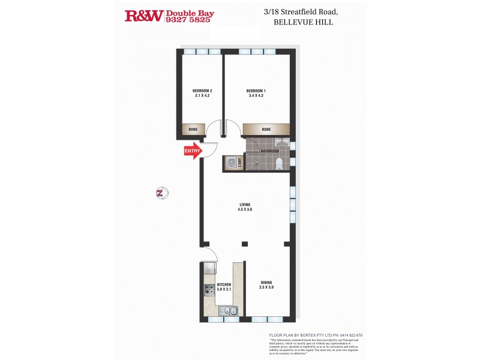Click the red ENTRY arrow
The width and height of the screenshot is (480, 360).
coord(192,152)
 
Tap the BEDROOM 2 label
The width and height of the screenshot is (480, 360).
coord(203,91)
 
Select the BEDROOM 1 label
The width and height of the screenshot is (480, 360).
coord(256,91)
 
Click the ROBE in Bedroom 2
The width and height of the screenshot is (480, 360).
coord(194,130)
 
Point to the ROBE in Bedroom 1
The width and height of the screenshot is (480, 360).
coord(266,130)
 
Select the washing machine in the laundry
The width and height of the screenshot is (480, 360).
coord(231,162)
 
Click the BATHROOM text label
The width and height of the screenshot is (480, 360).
coord(269,151)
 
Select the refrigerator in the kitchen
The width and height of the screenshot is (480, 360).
coord(208,268)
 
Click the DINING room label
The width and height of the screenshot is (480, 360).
coord(267,283)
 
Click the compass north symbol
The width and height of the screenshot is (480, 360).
coord(161,193)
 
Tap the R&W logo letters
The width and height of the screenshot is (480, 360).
coord(143,16)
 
